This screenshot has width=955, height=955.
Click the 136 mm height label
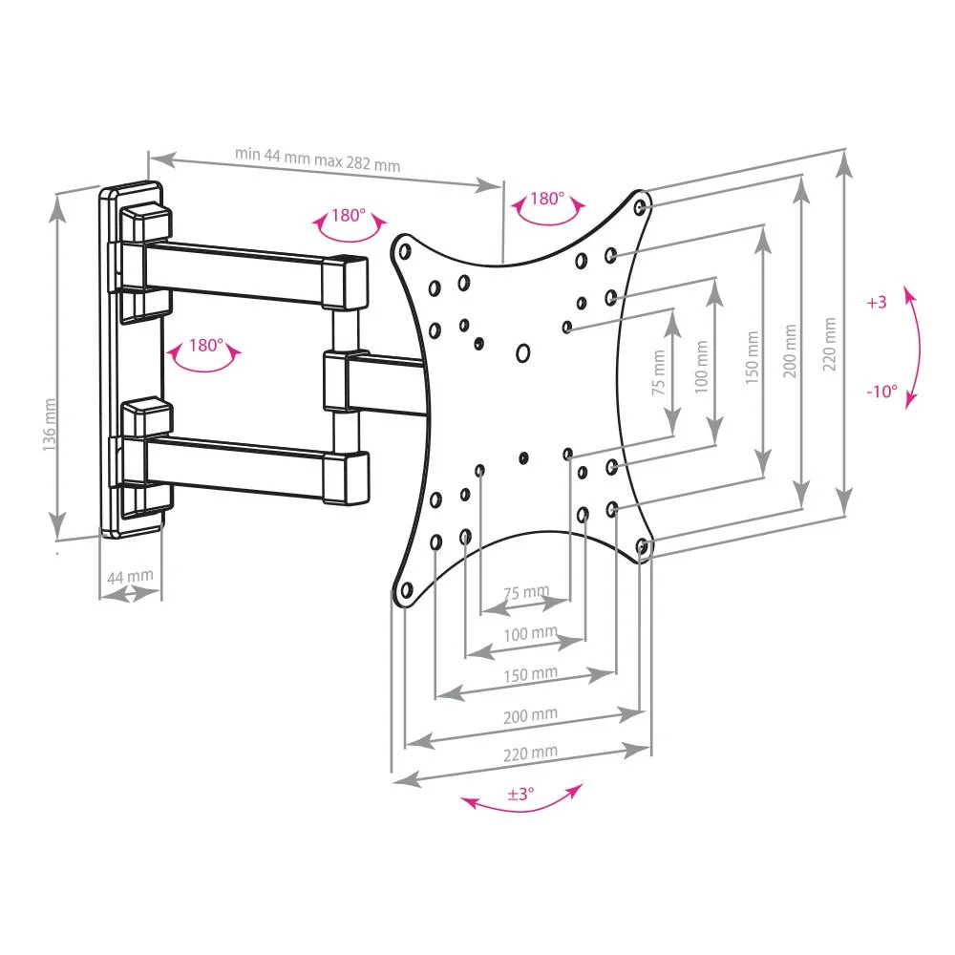[x=50, y=425]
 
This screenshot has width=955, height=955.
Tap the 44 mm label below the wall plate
[x=130, y=576]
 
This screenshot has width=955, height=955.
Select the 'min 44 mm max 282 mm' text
[x=317, y=159]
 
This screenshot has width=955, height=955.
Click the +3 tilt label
[x=877, y=302]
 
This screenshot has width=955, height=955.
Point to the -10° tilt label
[x=881, y=391]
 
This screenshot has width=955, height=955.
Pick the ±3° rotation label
[x=520, y=794]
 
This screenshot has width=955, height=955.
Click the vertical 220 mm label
[x=829, y=344]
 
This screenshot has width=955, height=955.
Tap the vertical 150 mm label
[x=753, y=357]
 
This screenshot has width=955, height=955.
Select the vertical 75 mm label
[x=658, y=372]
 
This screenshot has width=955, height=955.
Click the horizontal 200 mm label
[x=530, y=715]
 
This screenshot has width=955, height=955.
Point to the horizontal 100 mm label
[x=530, y=634]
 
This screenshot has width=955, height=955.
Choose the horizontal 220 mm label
[x=530, y=753]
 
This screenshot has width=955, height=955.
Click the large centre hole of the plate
[x=522, y=352]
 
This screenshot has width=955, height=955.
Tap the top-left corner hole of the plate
[x=405, y=251]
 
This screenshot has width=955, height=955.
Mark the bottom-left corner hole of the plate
[x=406, y=589]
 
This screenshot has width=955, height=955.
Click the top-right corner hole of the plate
[x=640, y=206]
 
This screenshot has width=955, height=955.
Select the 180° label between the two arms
[x=206, y=346]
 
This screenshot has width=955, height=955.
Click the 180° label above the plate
[x=547, y=199]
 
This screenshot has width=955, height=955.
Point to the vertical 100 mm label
[x=701, y=367]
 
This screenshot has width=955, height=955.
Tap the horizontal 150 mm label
[x=530, y=674]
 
